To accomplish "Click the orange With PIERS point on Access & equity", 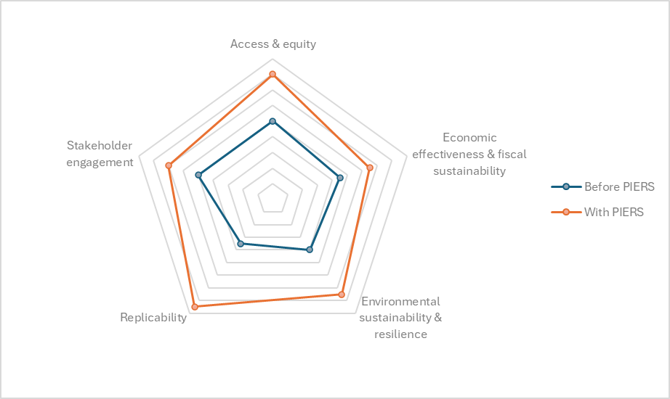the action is coord(273,75).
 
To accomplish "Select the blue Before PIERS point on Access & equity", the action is coord(273,122).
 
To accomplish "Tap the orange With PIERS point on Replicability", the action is coord(195,306).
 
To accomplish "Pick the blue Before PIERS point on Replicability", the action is coord(241,244).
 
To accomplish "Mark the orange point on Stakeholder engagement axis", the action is coord(169,165).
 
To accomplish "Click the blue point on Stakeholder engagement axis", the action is coord(198,175).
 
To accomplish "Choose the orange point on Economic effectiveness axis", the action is coord(370,168).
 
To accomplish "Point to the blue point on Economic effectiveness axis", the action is coord(340,178).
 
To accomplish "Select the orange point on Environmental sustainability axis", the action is coord(342,295).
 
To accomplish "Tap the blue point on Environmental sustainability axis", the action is coord(310,250).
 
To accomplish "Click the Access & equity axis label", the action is coord(273,44).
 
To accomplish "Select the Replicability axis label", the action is coord(153,318).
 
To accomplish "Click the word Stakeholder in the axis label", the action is coord(100,146).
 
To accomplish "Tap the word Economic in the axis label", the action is coord(469,137).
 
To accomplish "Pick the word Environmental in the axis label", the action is coord(400,301).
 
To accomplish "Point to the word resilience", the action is coord(401,334).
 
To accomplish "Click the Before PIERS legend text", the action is coord(619,187).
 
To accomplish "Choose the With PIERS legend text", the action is coord(613,212).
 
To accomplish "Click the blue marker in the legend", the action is coord(566,186).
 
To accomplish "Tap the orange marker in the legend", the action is coord(566,212).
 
